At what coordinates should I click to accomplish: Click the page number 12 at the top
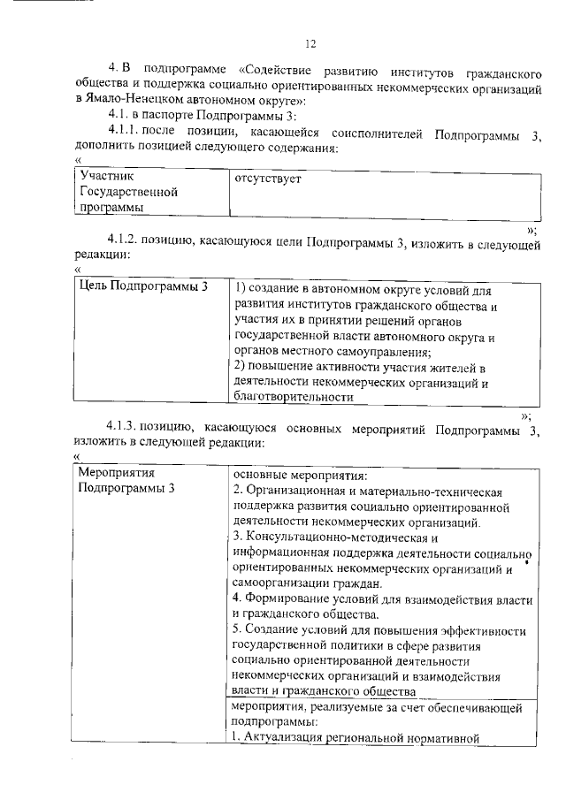pos(309,44)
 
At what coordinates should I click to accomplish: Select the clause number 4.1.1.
pos(125,132)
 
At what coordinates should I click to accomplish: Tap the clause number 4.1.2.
pos(125,240)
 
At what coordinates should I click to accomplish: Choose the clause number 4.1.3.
pos(125,428)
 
